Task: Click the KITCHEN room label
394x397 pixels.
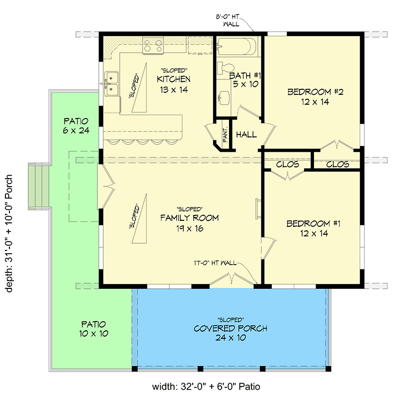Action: click(173, 79)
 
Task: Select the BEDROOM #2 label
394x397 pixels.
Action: click(309, 92)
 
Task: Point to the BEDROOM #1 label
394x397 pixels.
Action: click(309, 224)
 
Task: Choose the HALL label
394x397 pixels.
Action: click(246, 134)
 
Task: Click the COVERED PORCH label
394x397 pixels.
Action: click(231, 329)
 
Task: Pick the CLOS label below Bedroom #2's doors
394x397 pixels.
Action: click(337, 164)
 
